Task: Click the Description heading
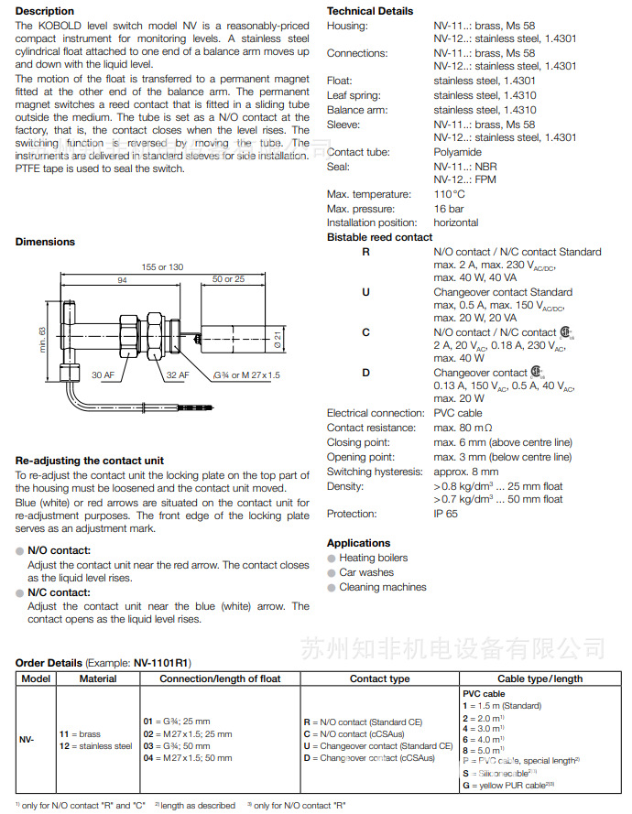point(45,11)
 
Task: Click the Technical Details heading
point(370,11)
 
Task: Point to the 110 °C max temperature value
point(449,194)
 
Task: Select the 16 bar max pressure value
point(450,208)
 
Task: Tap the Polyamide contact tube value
point(457,152)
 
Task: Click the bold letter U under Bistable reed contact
point(365,292)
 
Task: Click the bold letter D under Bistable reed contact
point(365,373)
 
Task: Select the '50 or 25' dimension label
point(229,278)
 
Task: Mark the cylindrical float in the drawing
point(238,338)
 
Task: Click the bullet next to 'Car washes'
point(332,572)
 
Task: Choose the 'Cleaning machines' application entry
point(382,587)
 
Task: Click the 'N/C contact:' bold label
point(59,592)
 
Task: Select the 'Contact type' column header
point(379,678)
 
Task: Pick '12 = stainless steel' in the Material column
point(95,745)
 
